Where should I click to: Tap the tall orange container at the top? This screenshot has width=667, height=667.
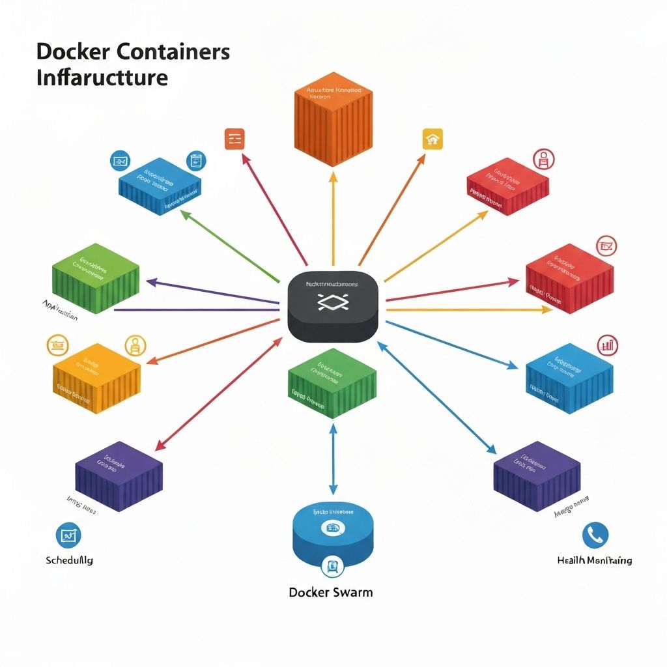(333, 123)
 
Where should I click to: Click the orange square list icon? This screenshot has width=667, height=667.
(234, 139)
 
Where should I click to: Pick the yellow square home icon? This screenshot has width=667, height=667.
(433, 139)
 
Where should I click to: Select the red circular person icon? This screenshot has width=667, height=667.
(544, 158)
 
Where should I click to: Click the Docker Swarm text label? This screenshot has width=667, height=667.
(331, 592)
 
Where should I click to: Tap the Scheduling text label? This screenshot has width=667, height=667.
(70, 560)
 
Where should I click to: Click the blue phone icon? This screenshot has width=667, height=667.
(595, 535)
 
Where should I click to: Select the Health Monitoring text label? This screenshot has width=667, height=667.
(594, 560)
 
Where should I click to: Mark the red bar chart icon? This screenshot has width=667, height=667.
(608, 345)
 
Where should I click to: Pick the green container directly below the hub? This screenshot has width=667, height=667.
(332, 384)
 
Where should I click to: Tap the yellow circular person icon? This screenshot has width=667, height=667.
(135, 345)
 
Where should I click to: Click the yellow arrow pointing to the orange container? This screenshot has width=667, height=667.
(333, 215)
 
